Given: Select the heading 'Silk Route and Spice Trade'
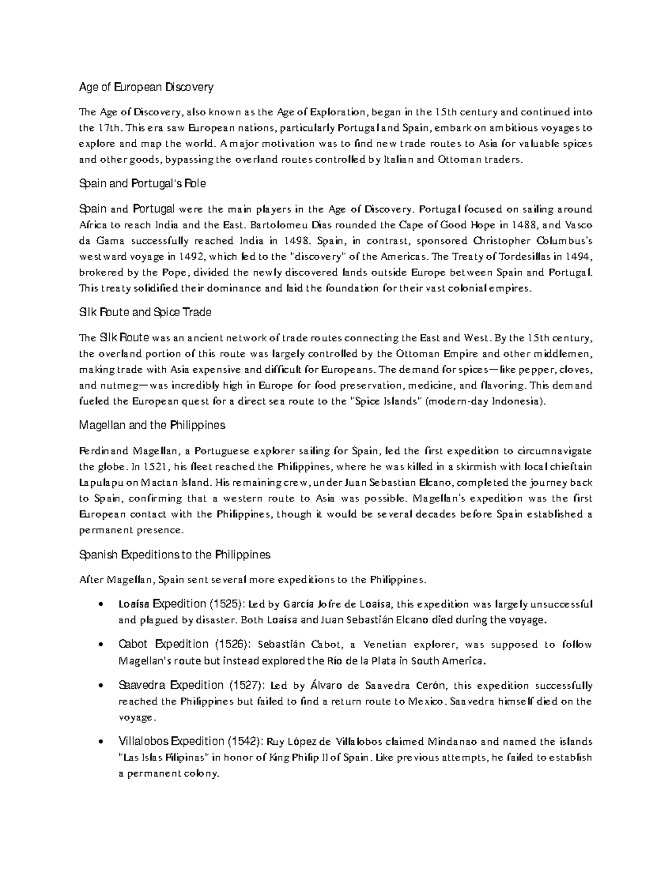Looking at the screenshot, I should [145, 312].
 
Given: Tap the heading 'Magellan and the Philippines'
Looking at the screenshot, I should [152, 425].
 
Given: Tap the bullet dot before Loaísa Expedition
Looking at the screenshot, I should [100, 604].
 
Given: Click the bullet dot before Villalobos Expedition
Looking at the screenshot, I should [100, 743].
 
